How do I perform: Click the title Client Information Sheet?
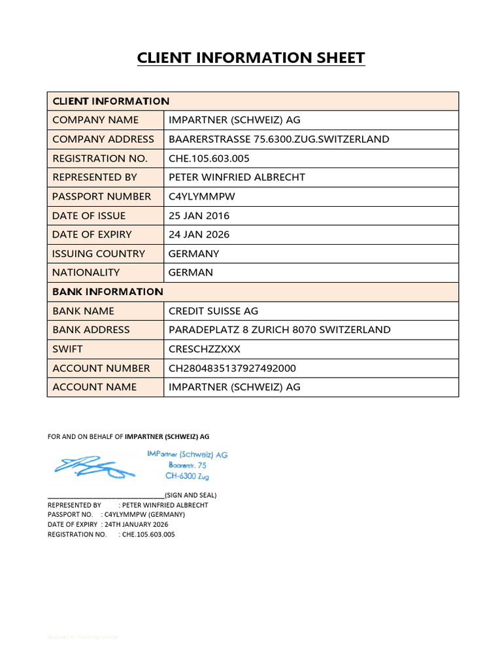(251, 58)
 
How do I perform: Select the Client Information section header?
(110, 101)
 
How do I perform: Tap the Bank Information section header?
(108, 292)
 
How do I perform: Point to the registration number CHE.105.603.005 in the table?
(209, 158)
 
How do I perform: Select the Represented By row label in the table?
(95, 177)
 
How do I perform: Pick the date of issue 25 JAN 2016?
(199, 215)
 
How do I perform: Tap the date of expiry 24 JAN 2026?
(199, 234)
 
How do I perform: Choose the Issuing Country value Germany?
(194, 254)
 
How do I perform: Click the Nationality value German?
(191, 273)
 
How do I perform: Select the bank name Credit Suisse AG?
(214, 311)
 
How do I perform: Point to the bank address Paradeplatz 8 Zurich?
(280, 330)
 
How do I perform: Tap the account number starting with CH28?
(233, 368)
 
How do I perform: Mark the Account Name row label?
(95, 387)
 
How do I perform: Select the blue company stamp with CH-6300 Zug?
(188, 465)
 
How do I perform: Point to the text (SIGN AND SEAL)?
(191, 495)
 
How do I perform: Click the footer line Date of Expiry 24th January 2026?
(108, 525)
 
